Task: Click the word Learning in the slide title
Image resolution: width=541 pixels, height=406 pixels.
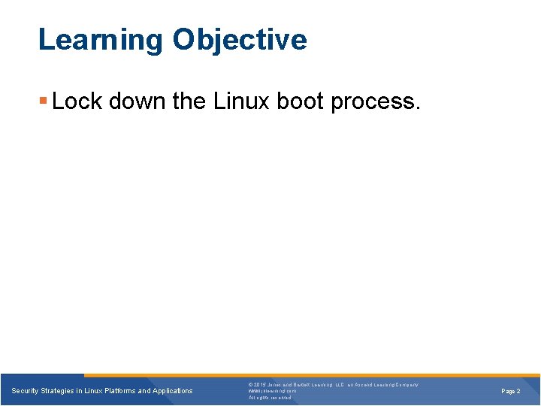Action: click(100, 40)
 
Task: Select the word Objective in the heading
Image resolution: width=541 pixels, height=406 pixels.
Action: click(239, 40)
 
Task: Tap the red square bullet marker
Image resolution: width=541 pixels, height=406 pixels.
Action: click(44, 101)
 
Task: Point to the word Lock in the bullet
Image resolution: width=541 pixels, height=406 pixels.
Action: click(77, 101)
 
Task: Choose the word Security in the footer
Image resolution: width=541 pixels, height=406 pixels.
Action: click(26, 391)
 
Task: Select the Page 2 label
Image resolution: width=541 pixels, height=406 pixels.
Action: click(511, 391)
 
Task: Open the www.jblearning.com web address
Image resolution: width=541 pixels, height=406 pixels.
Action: click(272, 391)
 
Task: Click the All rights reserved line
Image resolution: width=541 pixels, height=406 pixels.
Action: click(270, 398)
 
